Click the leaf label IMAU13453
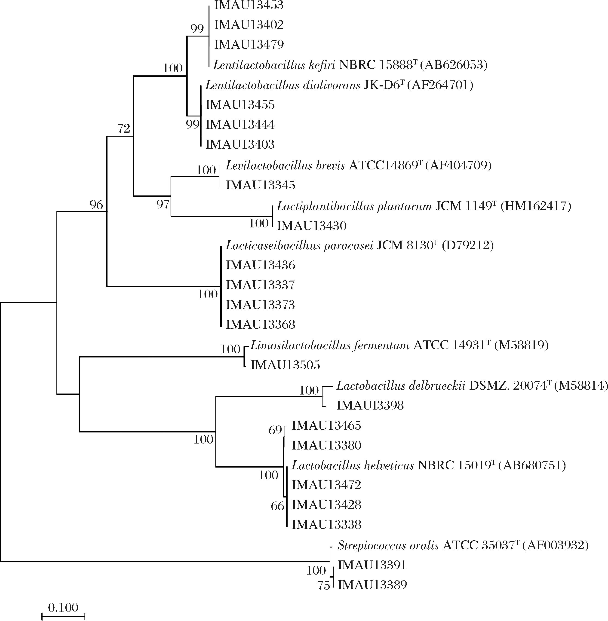(249, 5)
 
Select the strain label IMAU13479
(249, 45)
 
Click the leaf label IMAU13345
(261, 185)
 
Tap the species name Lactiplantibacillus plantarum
(354, 206)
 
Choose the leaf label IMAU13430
(311, 226)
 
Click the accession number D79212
(467, 245)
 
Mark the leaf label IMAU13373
(260, 305)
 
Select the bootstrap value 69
(275, 430)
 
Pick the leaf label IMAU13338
(326, 525)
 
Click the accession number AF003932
(555, 545)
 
